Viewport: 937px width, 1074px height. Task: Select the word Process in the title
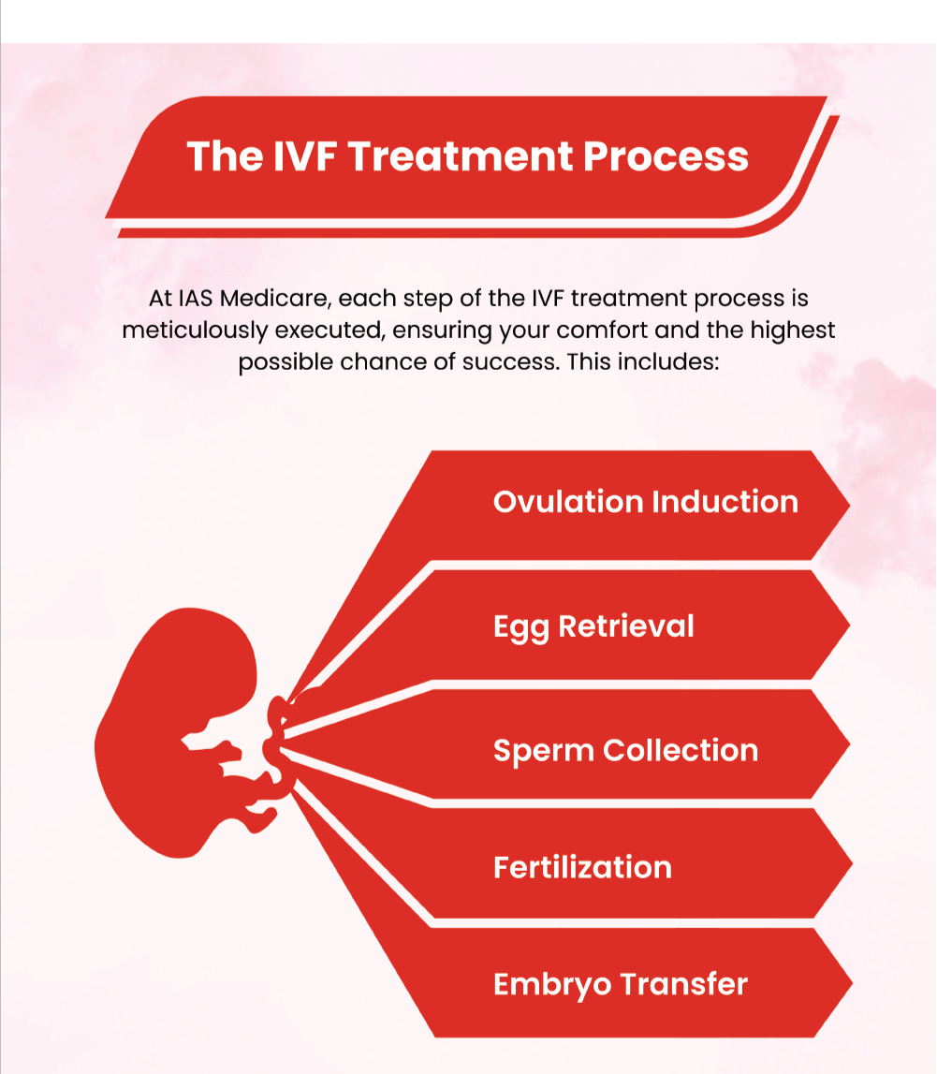(x=666, y=156)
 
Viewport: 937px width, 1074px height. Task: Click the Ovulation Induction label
(x=646, y=502)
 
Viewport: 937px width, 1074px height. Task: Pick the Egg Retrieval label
(x=593, y=626)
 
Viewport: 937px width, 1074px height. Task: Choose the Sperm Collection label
(x=626, y=751)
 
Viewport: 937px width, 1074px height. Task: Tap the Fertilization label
(x=583, y=868)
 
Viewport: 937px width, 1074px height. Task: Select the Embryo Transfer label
(x=621, y=985)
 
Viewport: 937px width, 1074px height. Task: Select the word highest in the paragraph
(x=793, y=331)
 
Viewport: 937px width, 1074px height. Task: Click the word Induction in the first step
(x=725, y=502)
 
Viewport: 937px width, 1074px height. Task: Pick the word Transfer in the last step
(x=683, y=984)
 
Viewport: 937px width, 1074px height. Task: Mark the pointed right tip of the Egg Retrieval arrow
(x=849, y=625)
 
